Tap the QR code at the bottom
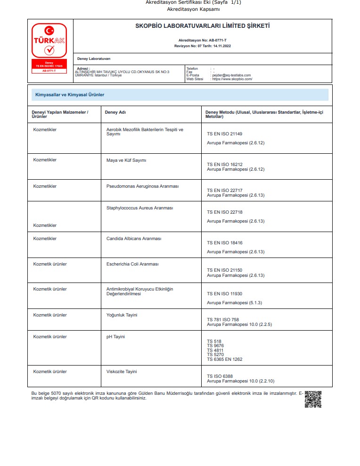click(313, 399)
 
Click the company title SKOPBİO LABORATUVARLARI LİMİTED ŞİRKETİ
click(203, 26)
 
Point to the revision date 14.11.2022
click(221, 46)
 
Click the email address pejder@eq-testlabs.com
click(232, 75)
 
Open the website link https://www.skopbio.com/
click(232, 79)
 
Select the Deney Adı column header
click(115, 112)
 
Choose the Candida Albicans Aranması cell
click(134, 239)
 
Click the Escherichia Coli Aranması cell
click(132, 264)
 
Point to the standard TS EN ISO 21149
click(225, 134)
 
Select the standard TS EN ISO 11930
click(225, 294)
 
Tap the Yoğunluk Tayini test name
click(122, 315)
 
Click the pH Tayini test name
click(115, 337)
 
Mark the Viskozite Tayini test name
click(122, 372)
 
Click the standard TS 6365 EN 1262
click(225, 359)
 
